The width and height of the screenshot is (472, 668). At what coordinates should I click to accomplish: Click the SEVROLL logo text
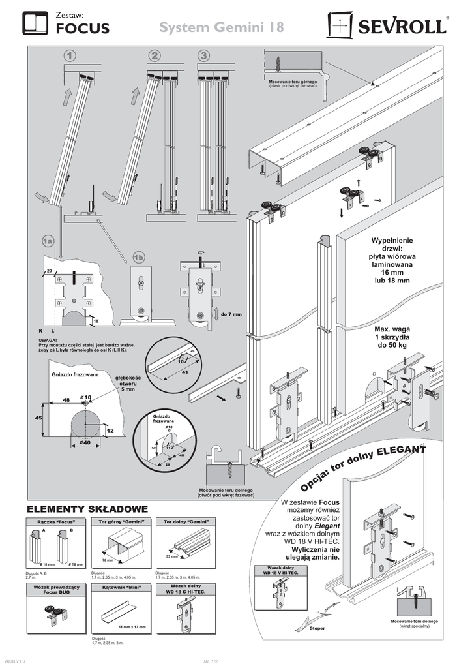point(400,27)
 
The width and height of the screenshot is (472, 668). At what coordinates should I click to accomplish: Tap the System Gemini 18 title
point(222,28)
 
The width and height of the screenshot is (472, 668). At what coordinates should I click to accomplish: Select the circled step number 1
point(70,56)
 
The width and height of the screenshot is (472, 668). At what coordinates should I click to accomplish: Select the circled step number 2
point(154,56)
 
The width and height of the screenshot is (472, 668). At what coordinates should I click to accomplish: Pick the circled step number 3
point(205,56)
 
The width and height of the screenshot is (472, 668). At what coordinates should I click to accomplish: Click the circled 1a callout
point(47,242)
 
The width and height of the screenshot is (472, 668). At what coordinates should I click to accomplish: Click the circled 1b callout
point(138,258)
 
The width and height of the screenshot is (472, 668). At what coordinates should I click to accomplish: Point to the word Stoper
point(317,628)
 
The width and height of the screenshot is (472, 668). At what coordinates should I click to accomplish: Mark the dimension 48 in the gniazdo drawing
point(66,399)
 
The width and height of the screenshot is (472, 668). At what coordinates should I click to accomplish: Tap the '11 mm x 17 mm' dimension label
point(132,627)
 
